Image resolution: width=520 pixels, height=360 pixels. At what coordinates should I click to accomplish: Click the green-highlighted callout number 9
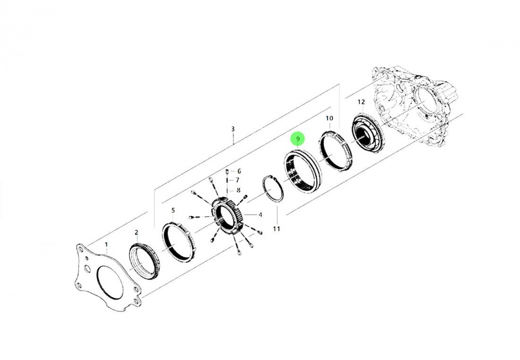click(298, 139)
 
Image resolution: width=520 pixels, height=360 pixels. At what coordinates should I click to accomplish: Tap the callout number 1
click(107, 245)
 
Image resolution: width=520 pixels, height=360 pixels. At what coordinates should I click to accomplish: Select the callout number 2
click(136, 233)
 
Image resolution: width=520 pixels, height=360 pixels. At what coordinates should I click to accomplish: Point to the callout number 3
click(233, 128)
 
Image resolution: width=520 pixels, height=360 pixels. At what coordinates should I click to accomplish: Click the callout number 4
click(261, 215)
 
